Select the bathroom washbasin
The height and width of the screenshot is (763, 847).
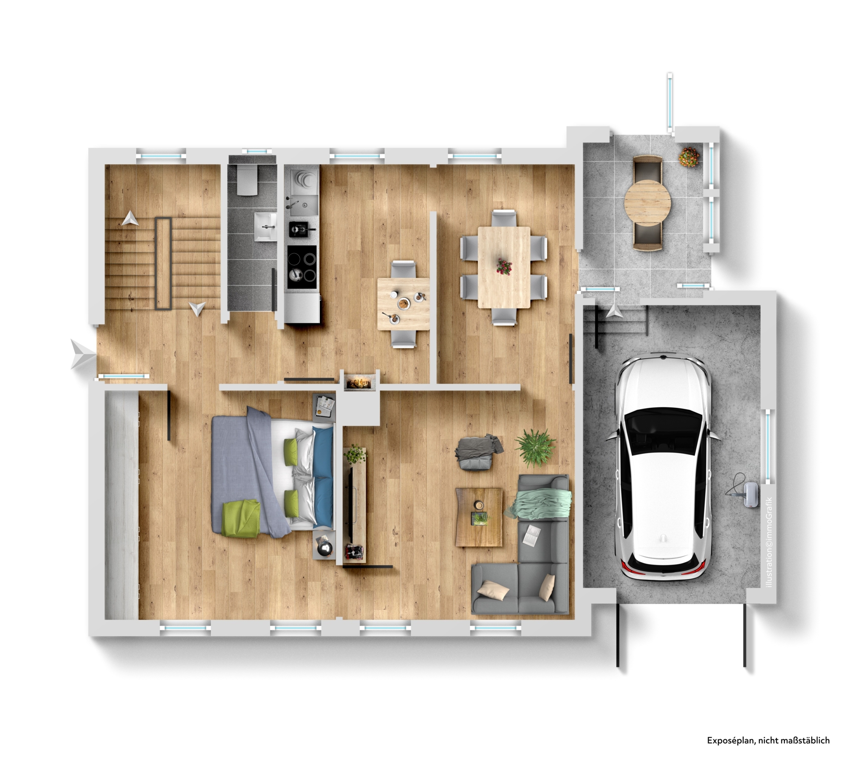pyautogui.click(x=266, y=226)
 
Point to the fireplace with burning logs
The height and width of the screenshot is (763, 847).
pyautogui.click(x=359, y=382)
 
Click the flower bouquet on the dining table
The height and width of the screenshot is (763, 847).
pyautogui.click(x=504, y=267)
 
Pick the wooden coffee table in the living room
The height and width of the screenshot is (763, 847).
pyautogui.click(x=479, y=517)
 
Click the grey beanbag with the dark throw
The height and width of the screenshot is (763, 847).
pyautogui.click(x=478, y=452)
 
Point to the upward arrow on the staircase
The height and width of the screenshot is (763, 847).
pyautogui.click(x=130, y=219)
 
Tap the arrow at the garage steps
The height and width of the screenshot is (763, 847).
pyautogui.click(x=614, y=311)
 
